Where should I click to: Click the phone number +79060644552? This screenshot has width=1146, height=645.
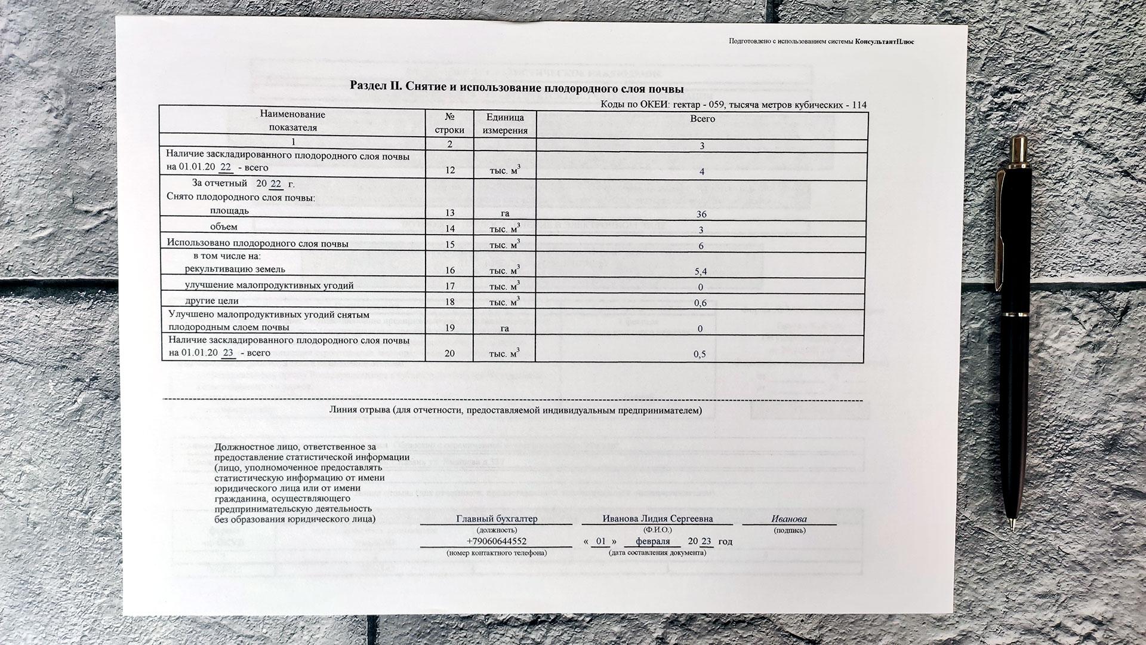coord(496,542)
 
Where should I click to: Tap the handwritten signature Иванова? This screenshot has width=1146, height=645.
coord(788,519)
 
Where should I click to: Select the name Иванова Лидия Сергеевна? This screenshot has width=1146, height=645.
coord(657,519)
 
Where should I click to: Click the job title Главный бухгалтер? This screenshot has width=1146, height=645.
coord(497,519)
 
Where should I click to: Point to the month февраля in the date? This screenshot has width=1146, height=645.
coord(652,542)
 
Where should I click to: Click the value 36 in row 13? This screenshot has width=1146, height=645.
coord(701,214)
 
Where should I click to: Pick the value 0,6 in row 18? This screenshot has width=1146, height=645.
coord(701,303)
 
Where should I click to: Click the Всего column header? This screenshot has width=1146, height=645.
coord(703,119)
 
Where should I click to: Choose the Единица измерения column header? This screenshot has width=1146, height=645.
coord(505,124)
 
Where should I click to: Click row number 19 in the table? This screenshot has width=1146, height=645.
coord(449,328)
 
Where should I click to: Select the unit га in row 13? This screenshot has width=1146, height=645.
coord(505,214)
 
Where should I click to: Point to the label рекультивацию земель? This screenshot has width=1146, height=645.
coord(239,269)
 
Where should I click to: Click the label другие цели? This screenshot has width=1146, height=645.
coord(212,301)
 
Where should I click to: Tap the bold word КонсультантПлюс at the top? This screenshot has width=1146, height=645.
coord(884,41)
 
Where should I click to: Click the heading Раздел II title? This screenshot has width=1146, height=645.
coord(516,87)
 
